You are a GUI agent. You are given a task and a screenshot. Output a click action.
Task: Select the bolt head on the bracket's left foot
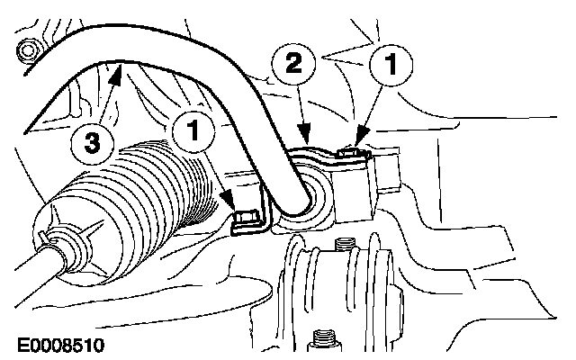pos(243,218)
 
